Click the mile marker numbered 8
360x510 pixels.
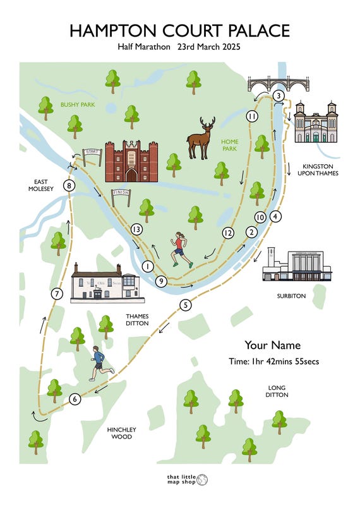click(x=68, y=186)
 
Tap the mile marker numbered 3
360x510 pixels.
click(x=278, y=96)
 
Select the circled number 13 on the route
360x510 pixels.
click(x=136, y=229)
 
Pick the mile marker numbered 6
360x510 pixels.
click(x=75, y=399)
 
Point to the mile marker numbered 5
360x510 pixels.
click(x=185, y=305)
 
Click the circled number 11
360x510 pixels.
click(x=252, y=117)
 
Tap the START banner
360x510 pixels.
click(x=92, y=153)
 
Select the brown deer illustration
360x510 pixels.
click(x=201, y=138)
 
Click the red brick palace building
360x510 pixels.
click(x=131, y=161)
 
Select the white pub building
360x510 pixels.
click(x=105, y=282)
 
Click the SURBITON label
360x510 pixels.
click(x=291, y=296)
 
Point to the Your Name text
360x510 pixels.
click(x=272, y=345)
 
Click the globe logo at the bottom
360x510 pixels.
click(x=202, y=480)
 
